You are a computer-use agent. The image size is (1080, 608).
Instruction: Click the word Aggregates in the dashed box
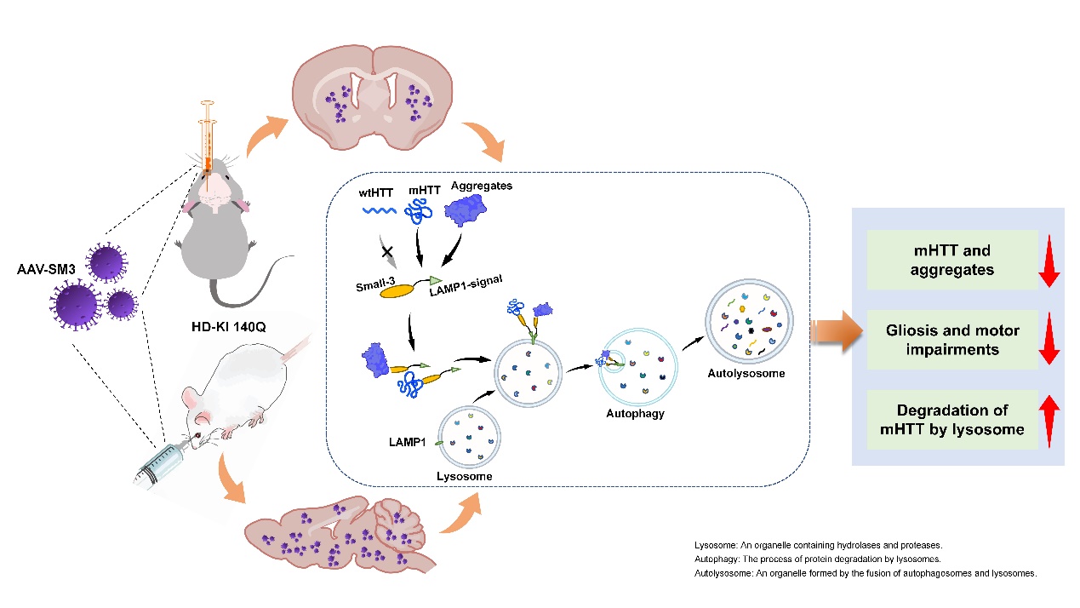tap(482, 186)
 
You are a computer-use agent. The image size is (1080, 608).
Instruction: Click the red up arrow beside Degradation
tap(1049, 419)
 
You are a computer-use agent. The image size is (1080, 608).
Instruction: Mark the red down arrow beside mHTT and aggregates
tap(1049, 259)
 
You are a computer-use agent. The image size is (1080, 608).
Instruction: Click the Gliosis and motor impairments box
tap(952, 339)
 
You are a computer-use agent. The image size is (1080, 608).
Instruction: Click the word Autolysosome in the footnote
tap(724, 574)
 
